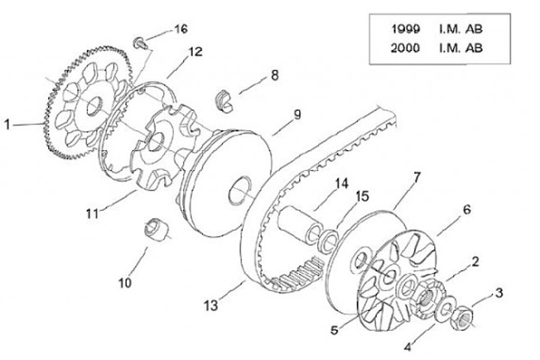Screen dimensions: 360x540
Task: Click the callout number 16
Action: pos(180,29)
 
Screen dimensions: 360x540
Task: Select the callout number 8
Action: pos(274,75)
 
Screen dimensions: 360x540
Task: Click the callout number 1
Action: pos(9,125)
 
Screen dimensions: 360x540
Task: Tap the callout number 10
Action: pos(124,282)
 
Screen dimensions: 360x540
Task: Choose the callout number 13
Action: pos(211,305)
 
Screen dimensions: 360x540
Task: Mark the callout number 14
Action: pos(342,183)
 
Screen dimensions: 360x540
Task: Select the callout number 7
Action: pos(417,177)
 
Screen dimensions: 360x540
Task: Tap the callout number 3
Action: pos(498,292)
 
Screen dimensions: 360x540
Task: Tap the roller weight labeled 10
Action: pos(156,228)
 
